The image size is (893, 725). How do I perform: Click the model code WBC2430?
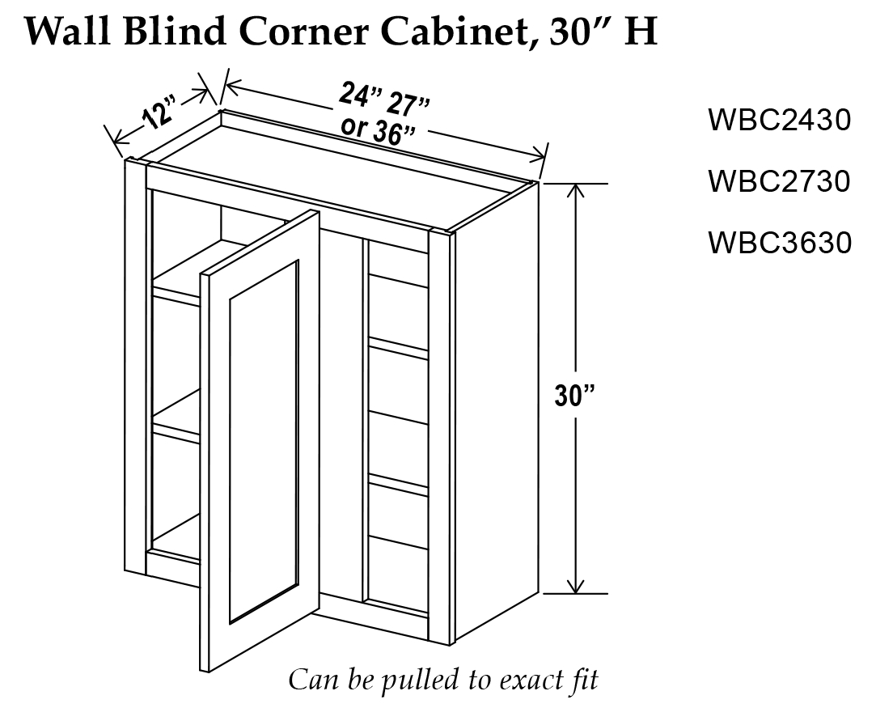[x=779, y=121]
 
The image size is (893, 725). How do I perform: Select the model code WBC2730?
[x=779, y=181]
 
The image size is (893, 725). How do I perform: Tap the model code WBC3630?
[x=779, y=242]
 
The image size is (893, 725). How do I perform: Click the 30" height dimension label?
[x=575, y=396]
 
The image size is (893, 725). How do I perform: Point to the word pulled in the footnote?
[x=411, y=679]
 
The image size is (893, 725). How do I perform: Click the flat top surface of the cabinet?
[x=340, y=162]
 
